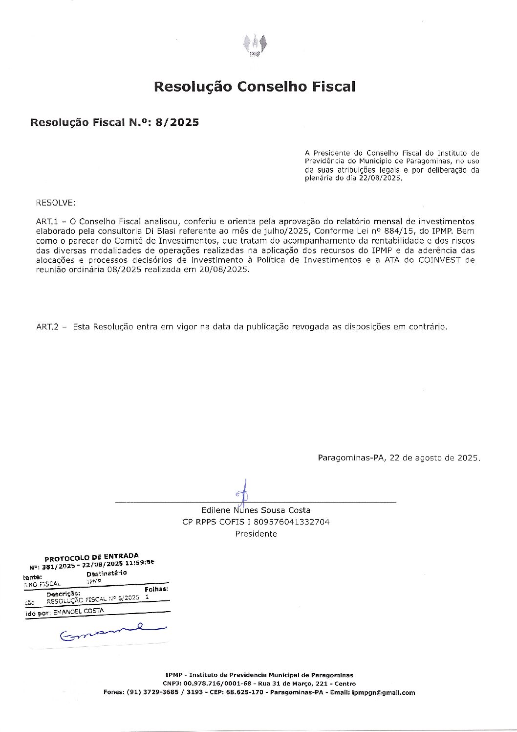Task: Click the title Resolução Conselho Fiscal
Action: (255, 87)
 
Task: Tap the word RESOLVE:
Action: (56, 203)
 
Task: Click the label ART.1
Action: (47, 222)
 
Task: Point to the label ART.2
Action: (47, 326)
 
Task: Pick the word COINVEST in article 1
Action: (439, 260)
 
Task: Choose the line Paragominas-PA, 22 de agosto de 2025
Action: (399, 458)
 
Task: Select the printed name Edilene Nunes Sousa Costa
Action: (256, 510)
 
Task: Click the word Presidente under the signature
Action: (256, 534)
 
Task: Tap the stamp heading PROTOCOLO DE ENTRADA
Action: (91, 557)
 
